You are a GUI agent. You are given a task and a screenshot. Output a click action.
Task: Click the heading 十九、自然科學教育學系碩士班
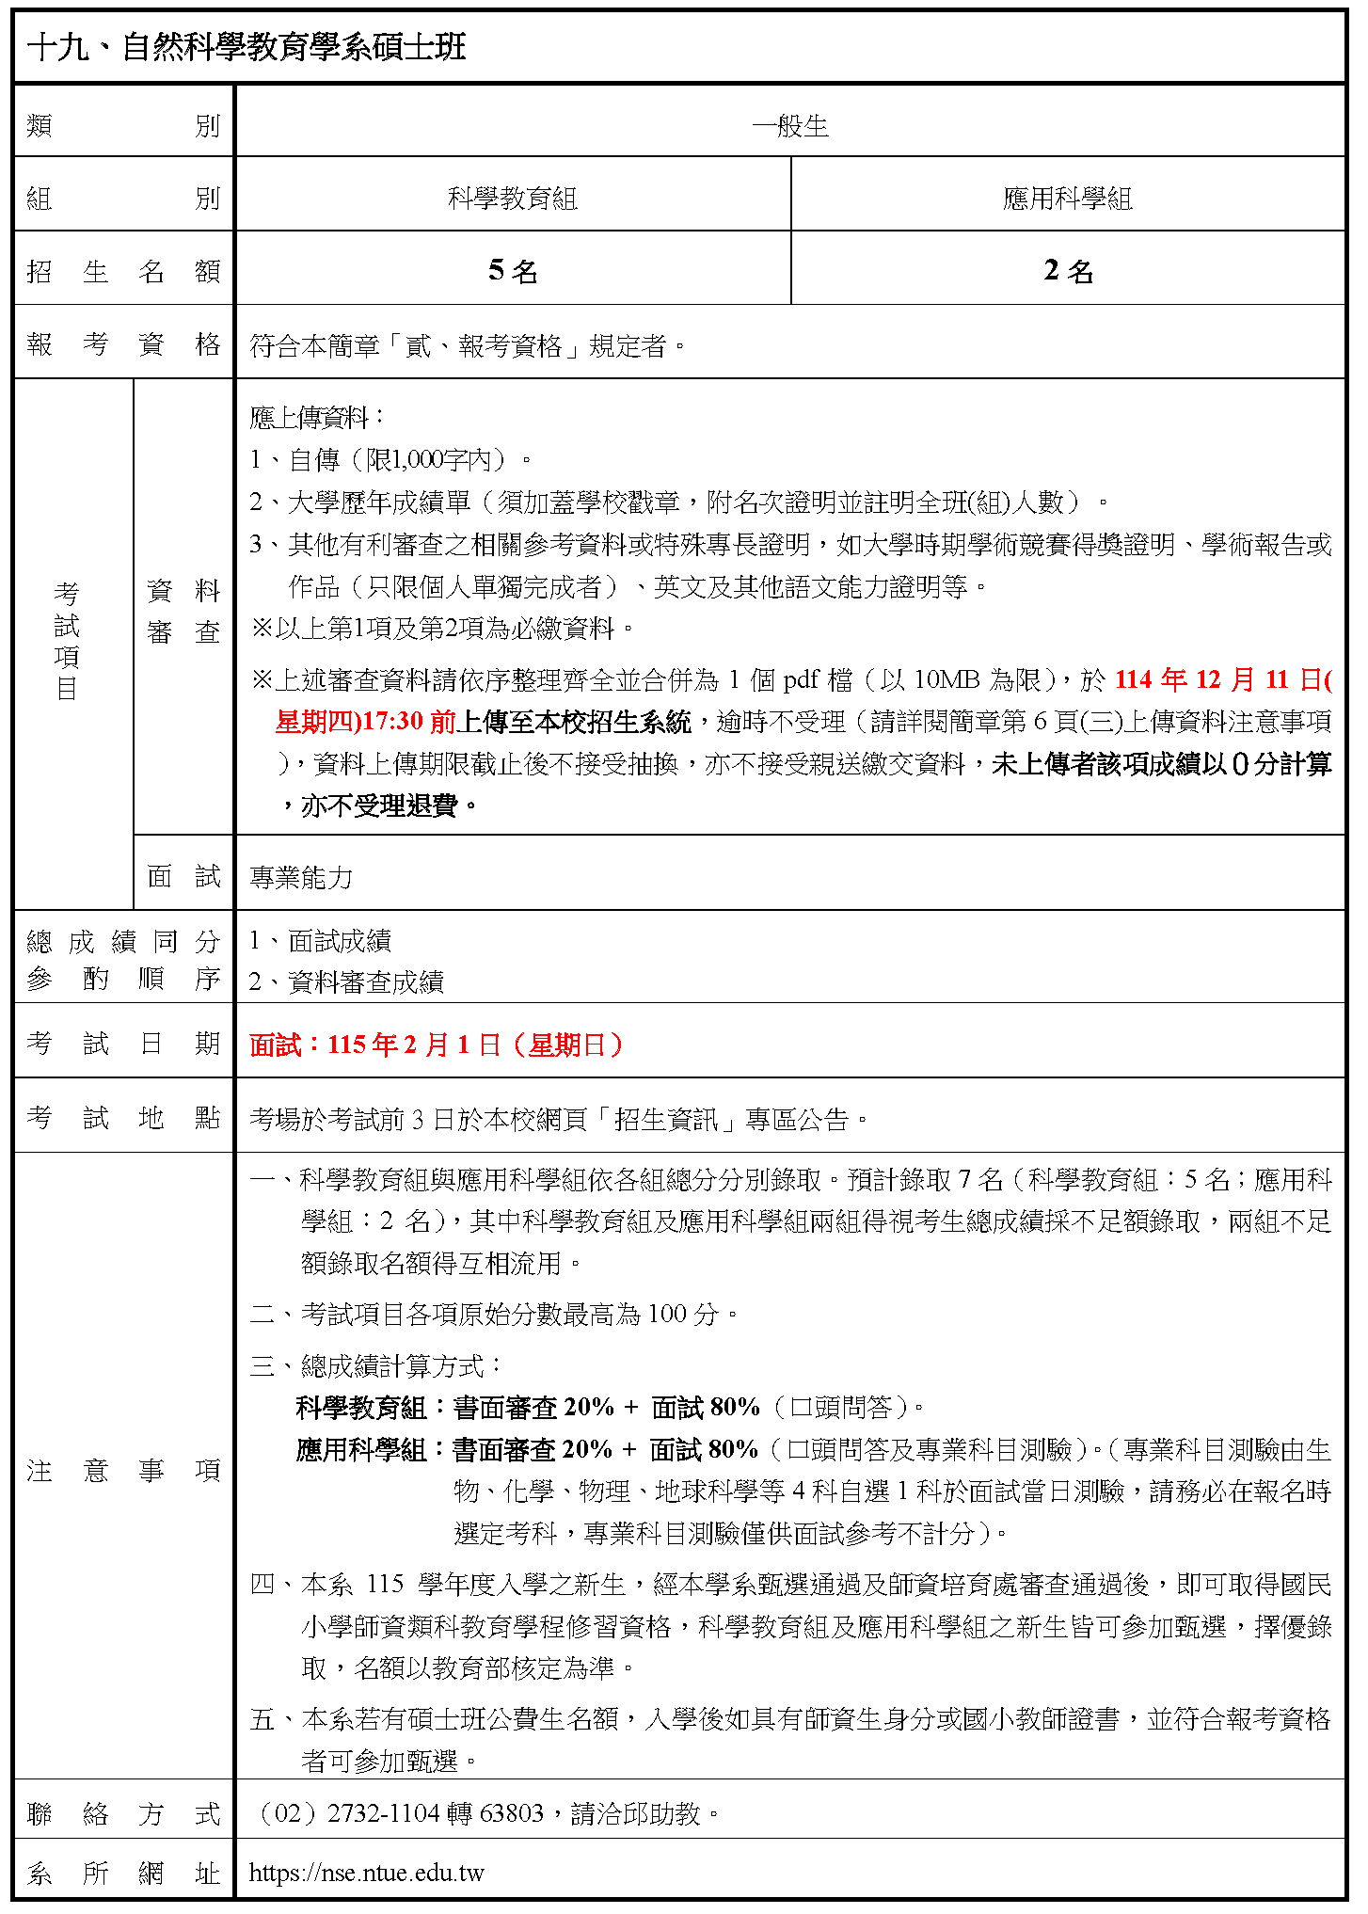[x=247, y=47]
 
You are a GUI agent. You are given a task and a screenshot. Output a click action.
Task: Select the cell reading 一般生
[x=789, y=125]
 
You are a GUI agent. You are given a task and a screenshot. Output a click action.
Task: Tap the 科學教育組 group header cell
[x=512, y=198]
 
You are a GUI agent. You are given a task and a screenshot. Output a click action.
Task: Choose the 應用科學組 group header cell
[x=1067, y=198]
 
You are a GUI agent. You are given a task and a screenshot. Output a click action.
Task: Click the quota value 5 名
[x=512, y=271]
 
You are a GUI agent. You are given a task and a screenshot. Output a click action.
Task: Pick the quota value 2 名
[x=1067, y=271]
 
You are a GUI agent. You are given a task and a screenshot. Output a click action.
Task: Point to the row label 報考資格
[x=123, y=344]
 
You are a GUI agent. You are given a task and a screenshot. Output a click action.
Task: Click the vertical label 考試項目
[x=67, y=640]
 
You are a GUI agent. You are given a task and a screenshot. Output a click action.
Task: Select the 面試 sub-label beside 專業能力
[x=183, y=876]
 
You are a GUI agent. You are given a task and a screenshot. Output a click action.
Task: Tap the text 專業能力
[x=301, y=877]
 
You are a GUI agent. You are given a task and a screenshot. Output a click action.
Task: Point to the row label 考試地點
[x=123, y=1117]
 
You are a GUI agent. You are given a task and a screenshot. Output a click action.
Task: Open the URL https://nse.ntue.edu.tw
[x=367, y=1872]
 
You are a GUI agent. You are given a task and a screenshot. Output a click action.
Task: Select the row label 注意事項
[x=123, y=1470]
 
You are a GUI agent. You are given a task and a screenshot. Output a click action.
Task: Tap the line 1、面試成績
[x=320, y=940]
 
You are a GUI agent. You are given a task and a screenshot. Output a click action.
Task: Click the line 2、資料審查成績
[x=346, y=981]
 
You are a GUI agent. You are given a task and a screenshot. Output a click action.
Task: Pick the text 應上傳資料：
[x=316, y=417]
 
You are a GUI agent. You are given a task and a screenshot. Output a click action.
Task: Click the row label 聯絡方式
[x=123, y=1812]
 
